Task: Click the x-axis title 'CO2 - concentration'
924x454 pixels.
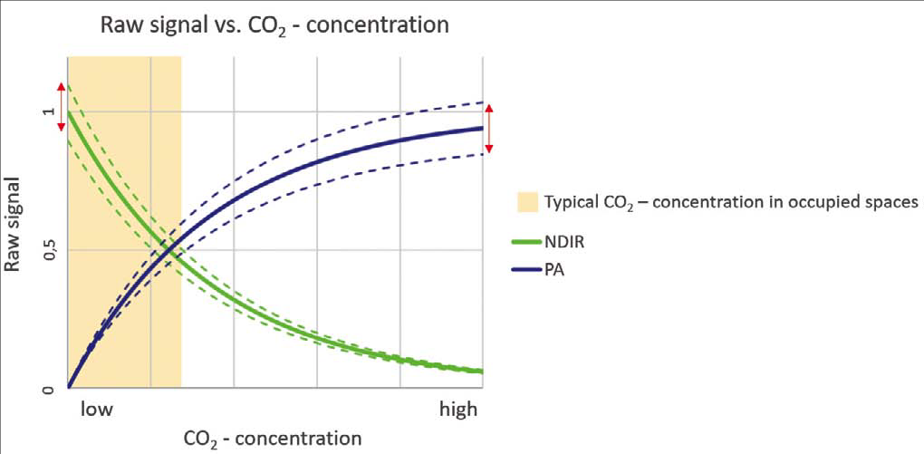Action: pyautogui.click(x=272, y=439)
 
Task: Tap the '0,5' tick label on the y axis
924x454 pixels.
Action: pyautogui.click(x=49, y=249)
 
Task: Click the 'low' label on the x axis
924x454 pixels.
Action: pyautogui.click(x=96, y=410)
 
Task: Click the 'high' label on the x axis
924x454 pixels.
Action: pyautogui.click(x=457, y=410)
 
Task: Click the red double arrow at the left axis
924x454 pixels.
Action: pyautogui.click(x=62, y=107)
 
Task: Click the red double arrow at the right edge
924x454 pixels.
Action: pyautogui.click(x=489, y=129)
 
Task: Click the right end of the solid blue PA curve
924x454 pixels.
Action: pyautogui.click(x=481, y=128)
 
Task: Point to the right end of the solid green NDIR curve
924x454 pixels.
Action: pyautogui.click(x=481, y=372)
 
